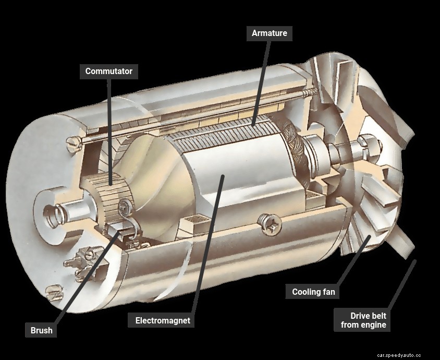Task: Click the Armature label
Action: click(x=270, y=33)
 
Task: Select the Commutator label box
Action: click(x=109, y=71)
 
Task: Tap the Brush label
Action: click(x=41, y=330)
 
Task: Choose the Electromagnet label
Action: click(x=163, y=320)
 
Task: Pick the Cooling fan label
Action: click(x=313, y=292)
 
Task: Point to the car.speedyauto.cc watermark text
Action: click(x=399, y=355)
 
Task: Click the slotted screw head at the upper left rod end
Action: click(x=74, y=143)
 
